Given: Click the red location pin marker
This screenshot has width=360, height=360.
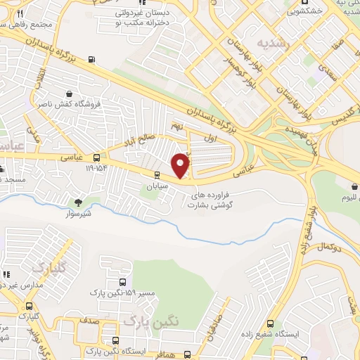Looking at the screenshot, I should [181, 165].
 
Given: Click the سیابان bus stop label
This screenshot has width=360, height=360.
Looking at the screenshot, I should [157, 187].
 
